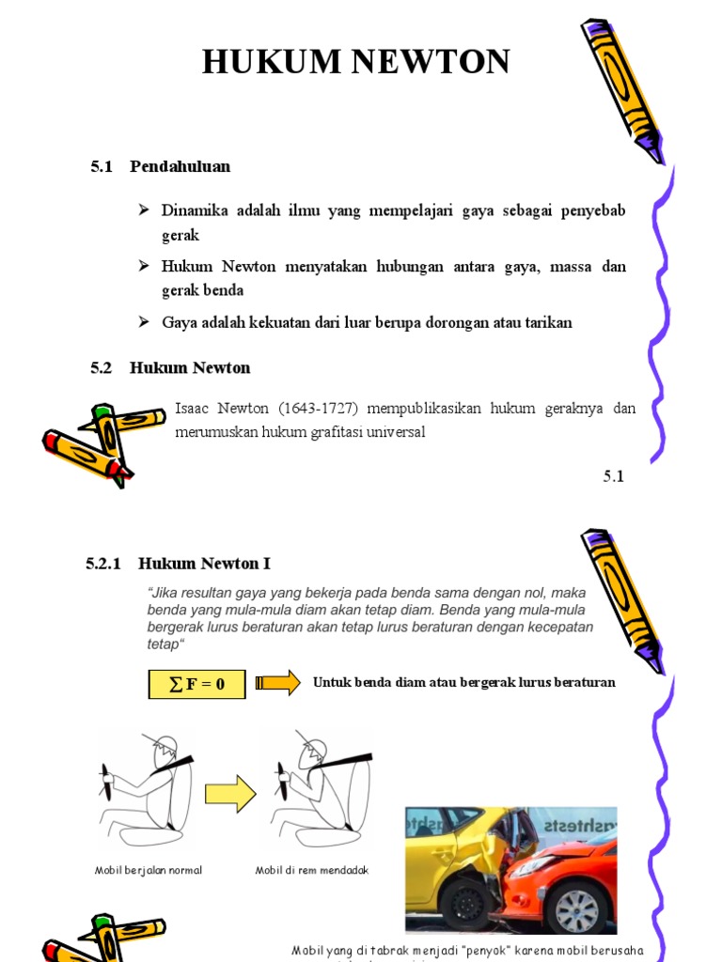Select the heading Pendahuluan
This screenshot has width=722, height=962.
(x=180, y=166)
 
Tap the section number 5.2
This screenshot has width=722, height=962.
(x=102, y=367)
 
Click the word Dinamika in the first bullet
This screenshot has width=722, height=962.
(x=193, y=209)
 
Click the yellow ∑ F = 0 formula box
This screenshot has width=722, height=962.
(x=196, y=684)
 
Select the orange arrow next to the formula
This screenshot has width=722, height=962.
(x=277, y=682)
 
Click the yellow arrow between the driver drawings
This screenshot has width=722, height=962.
(x=230, y=794)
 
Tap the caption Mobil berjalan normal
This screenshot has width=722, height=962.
(x=149, y=870)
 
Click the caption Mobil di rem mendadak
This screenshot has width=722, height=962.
(x=312, y=870)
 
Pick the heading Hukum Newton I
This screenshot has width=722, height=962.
(x=204, y=564)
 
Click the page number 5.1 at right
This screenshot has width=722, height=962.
(x=613, y=476)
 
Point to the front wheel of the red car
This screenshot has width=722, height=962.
(x=575, y=909)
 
